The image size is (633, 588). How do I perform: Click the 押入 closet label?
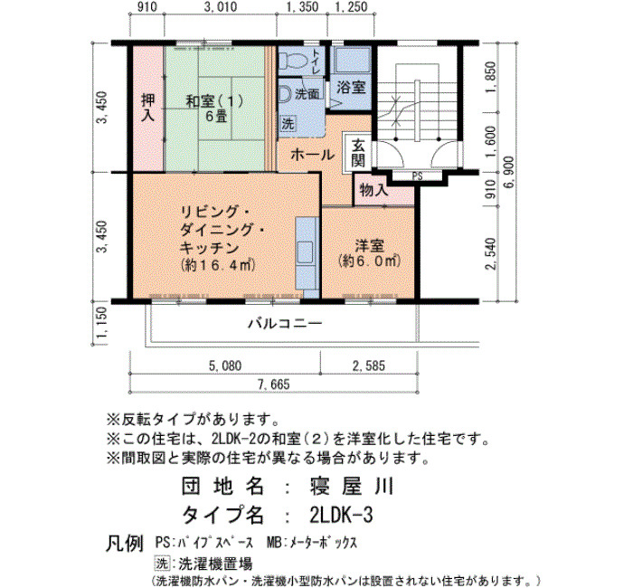[x=147, y=108]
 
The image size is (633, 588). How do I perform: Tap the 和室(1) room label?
[x=215, y=101]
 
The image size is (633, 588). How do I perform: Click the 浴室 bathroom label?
[x=351, y=87]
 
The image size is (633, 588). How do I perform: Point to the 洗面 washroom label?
[x=307, y=94]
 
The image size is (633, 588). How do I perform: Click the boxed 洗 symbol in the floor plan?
[x=288, y=123]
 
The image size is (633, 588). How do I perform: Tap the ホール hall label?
[x=313, y=155]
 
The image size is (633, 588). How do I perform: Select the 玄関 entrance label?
[x=358, y=153]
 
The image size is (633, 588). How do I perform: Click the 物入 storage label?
[x=373, y=189]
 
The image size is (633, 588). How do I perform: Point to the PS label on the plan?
[x=418, y=176]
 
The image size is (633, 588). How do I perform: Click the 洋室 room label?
[x=369, y=246]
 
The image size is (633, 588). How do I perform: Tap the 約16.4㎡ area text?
[x=219, y=265]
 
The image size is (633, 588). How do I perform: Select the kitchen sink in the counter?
[x=305, y=252]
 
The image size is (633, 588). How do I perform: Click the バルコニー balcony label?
[x=285, y=324]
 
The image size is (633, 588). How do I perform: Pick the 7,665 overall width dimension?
[x=274, y=384]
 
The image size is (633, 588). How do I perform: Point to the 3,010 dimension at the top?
[x=221, y=7]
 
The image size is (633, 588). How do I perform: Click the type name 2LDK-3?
[x=341, y=515]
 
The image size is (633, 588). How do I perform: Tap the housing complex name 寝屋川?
[x=351, y=487]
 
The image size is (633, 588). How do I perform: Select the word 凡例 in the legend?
[x=125, y=544]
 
